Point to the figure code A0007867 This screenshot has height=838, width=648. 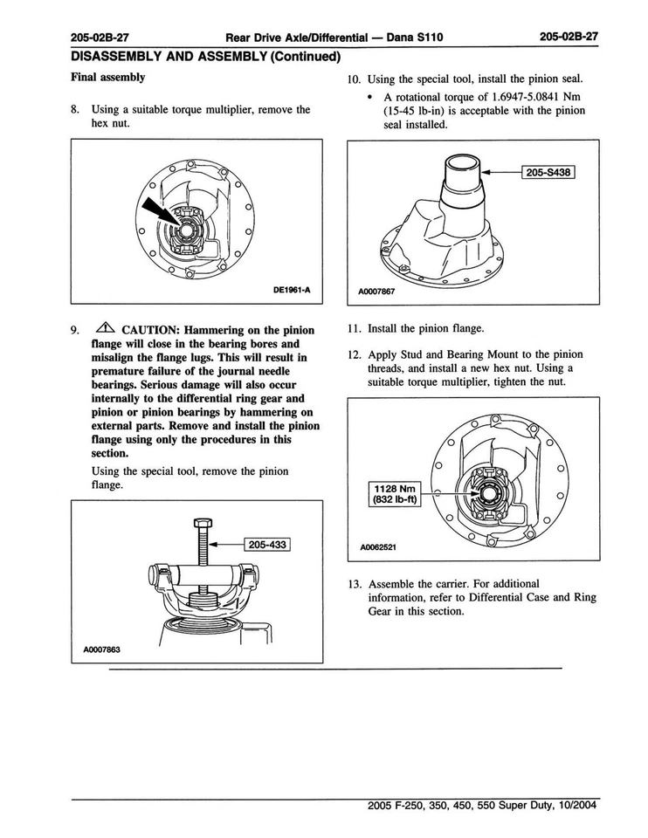pyautogui.click(x=377, y=291)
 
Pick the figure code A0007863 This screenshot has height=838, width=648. pyautogui.click(x=101, y=649)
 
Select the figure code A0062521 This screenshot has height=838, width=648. pyautogui.click(x=378, y=549)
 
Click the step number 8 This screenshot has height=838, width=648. pyautogui.click(x=75, y=110)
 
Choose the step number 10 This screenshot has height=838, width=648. pyautogui.click(x=354, y=79)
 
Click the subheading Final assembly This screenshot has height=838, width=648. pyautogui.click(x=107, y=77)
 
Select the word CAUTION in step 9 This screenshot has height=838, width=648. pyautogui.click(x=152, y=331)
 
